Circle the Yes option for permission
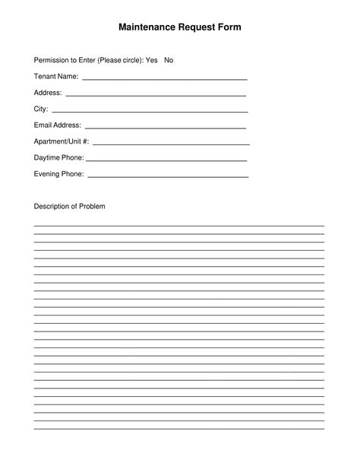point(151,60)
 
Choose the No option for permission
point(169,60)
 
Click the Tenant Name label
point(56,77)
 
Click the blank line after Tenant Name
point(164,79)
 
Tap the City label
point(40,109)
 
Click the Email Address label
point(57,125)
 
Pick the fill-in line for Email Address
point(166,128)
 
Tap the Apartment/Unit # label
point(62,141)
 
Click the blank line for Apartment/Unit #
point(171,144)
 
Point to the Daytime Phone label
point(58,158)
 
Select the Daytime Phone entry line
point(167,160)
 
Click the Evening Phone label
point(58,174)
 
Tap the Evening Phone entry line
point(168,176)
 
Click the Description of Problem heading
point(69,207)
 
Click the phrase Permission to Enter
point(65,60)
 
